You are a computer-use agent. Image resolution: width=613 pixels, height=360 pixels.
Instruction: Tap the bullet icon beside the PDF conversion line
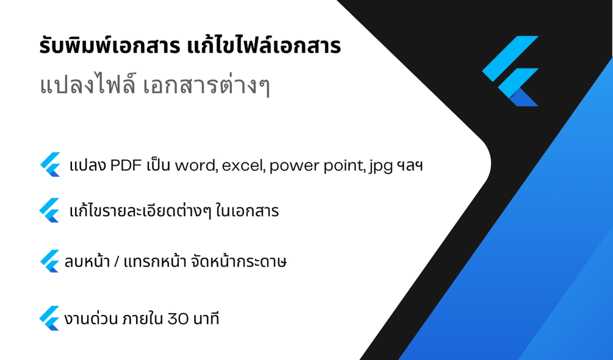[50, 165]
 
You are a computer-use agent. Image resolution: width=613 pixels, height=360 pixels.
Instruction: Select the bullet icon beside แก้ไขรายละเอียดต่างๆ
[49, 211]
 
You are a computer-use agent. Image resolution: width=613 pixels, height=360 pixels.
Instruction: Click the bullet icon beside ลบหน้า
[49, 261]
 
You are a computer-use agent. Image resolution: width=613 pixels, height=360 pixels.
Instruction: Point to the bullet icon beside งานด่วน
[49, 318]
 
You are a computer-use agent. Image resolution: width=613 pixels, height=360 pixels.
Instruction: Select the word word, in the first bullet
[196, 166]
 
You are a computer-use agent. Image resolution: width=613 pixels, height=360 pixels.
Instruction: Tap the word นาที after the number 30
[206, 319]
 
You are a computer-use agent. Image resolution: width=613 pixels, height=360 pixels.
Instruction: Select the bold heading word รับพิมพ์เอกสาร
[110, 46]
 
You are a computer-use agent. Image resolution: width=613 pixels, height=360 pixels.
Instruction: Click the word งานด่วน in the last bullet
[91, 319]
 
